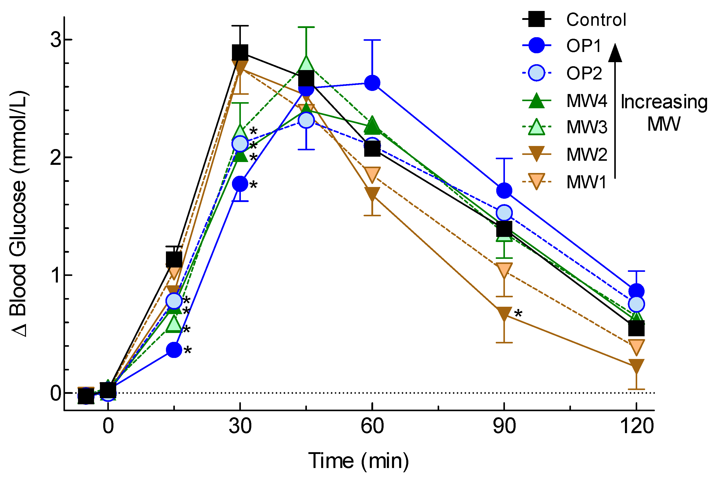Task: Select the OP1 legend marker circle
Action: pyautogui.click(x=536, y=46)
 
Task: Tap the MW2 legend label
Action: pyautogui.click(x=587, y=154)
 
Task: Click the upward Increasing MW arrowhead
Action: pyautogui.click(x=615, y=53)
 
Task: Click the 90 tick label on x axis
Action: pyautogui.click(x=504, y=426)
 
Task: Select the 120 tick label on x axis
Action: pyautogui.click(x=636, y=426)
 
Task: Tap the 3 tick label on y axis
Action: pyautogui.click(x=56, y=40)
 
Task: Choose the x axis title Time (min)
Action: pyautogui.click(x=359, y=461)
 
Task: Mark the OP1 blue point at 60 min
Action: pyautogui.click(x=372, y=83)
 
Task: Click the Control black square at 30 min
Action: pyautogui.click(x=240, y=52)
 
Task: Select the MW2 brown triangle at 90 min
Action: pyautogui.click(x=504, y=314)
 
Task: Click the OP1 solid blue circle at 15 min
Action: pyautogui.click(x=174, y=350)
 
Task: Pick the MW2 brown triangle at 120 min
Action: pyautogui.click(x=636, y=366)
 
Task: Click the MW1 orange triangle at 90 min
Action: pyautogui.click(x=504, y=270)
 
